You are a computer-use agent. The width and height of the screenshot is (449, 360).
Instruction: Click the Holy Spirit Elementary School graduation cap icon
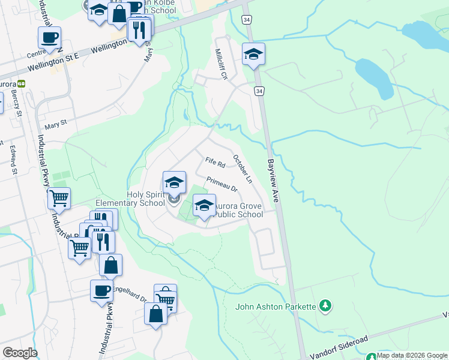174,182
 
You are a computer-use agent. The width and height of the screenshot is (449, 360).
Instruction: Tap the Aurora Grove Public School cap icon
204,205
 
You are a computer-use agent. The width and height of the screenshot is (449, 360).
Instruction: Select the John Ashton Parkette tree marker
325,306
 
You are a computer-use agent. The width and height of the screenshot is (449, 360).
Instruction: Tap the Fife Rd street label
214,162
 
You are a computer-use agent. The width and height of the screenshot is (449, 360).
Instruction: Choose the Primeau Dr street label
222,184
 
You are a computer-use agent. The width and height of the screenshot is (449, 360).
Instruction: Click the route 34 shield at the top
246,20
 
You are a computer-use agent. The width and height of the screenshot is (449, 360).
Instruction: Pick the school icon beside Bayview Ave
253,54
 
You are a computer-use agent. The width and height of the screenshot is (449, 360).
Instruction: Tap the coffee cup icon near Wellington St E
49,37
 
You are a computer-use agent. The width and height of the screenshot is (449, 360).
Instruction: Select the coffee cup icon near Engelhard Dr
101,290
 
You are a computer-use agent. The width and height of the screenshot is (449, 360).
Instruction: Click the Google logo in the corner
20,352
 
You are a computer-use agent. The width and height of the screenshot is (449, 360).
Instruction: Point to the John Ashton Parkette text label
276,307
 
